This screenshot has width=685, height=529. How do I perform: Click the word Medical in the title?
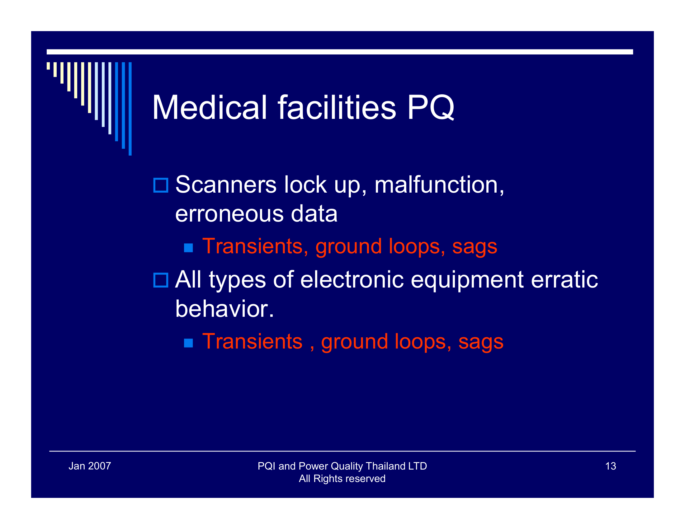click(x=209, y=108)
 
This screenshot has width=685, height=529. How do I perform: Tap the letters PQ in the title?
click(x=431, y=108)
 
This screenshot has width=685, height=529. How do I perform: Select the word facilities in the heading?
click(x=337, y=108)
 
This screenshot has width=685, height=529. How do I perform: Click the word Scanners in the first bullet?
click(x=226, y=185)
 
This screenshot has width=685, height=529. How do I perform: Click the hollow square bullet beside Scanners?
click(x=161, y=185)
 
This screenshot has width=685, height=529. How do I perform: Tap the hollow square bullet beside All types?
click(x=161, y=280)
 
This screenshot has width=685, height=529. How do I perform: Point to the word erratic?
click(x=564, y=279)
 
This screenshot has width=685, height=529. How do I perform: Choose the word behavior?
click(x=224, y=309)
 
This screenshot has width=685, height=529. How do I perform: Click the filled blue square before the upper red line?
click(x=188, y=248)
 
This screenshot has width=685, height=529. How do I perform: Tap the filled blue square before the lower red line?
click(x=188, y=343)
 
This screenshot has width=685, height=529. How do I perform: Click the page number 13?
click(x=610, y=466)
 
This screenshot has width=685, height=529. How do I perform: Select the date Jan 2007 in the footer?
click(x=90, y=466)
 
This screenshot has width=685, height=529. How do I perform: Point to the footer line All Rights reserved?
click(x=342, y=479)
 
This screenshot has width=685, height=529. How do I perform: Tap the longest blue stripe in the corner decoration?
click(x=130, y=109)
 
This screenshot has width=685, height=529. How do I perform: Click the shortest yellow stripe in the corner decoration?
click(x=48, y=66)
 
